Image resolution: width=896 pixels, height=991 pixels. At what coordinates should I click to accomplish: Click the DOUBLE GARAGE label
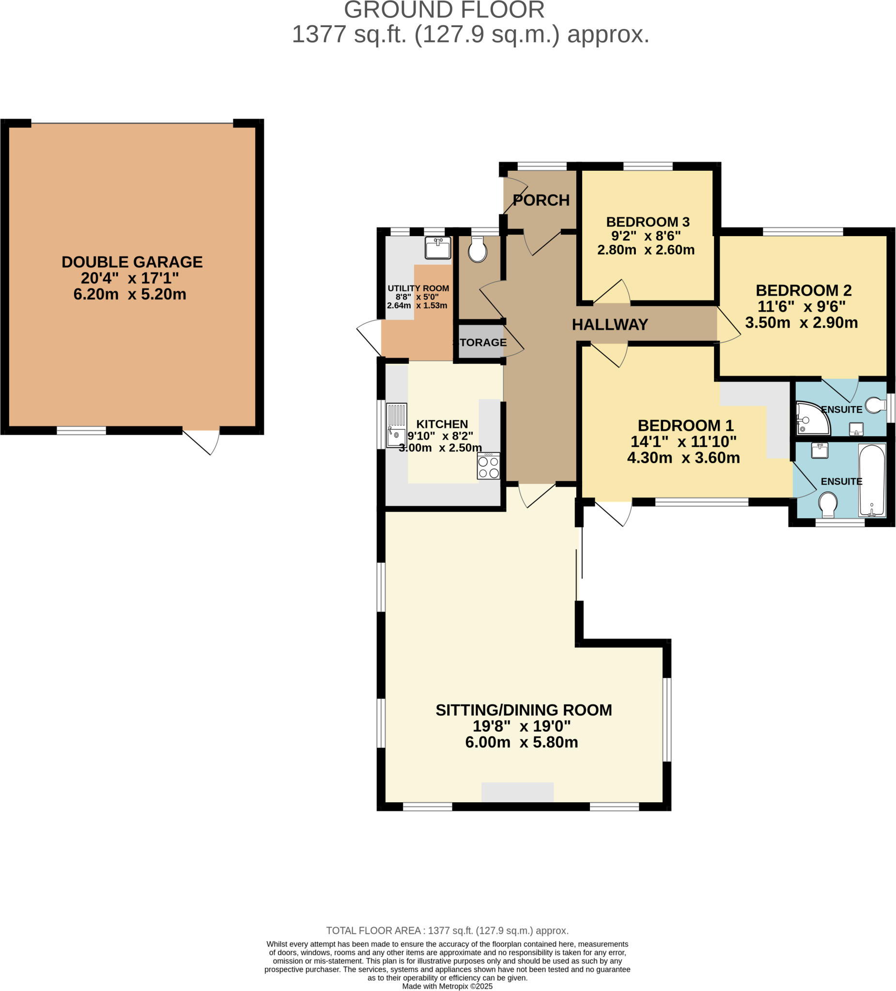click(132, 262)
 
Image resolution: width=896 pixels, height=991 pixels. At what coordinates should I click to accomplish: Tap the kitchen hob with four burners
click(488, 466)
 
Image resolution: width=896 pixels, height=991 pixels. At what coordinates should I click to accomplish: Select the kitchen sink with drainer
click(396, 425)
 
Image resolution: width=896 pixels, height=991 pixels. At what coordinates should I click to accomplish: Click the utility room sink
click(437, 248)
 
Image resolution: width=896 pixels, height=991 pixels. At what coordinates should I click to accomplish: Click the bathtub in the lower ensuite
click(871, 480)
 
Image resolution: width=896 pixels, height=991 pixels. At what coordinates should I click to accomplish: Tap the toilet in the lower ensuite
click(828, 504)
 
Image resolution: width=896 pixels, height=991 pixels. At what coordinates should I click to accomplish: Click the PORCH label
click(541, 200)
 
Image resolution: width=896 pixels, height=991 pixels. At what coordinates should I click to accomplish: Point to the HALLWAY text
click(610, 324)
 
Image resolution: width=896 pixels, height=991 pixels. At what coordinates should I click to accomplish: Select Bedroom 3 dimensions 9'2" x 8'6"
click(646, 236)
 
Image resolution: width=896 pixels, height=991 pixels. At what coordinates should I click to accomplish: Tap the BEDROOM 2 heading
click(803, 290)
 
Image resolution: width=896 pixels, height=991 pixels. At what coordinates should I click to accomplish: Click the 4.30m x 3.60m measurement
click(683, 458)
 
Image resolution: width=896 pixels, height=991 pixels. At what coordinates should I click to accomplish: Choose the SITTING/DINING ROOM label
click(524, 710)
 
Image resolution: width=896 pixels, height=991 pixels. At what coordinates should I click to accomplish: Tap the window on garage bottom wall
click(81, 431)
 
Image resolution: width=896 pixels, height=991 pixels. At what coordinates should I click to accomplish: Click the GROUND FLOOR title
click(444, 10)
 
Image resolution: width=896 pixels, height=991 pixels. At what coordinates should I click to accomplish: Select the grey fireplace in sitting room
click(517, 792)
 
